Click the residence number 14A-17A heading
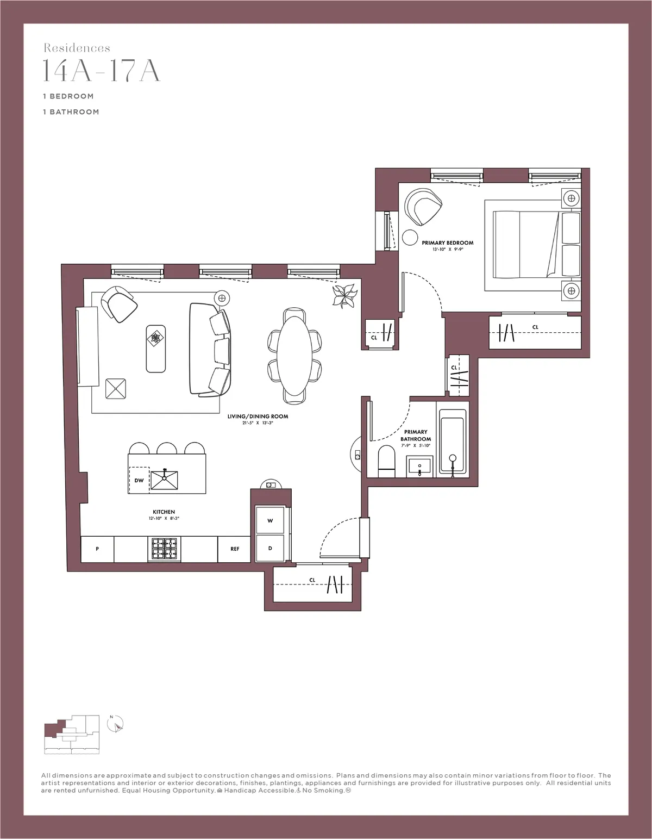click(x=102, y=70)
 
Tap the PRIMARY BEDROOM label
click(x=448, y=243)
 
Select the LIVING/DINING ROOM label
click(x=258, y=417)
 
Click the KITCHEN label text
click(x=164, y=512)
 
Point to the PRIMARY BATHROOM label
click(x=416, y=436)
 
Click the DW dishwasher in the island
click(x=139, y=480)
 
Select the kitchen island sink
click(x=164, y=480)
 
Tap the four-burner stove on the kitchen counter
click(x=164, y=549)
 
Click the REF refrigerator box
click(x=235, y=549)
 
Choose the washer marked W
click(x=270, y=520)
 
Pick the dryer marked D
click(x=270, y=548)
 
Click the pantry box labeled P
click(x=97, y=549)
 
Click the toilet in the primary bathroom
click(x=386, y=462)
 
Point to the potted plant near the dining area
click(x=344, y=296)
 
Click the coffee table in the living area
click(x=156, y=349)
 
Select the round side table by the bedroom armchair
click(x=409, y=238)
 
